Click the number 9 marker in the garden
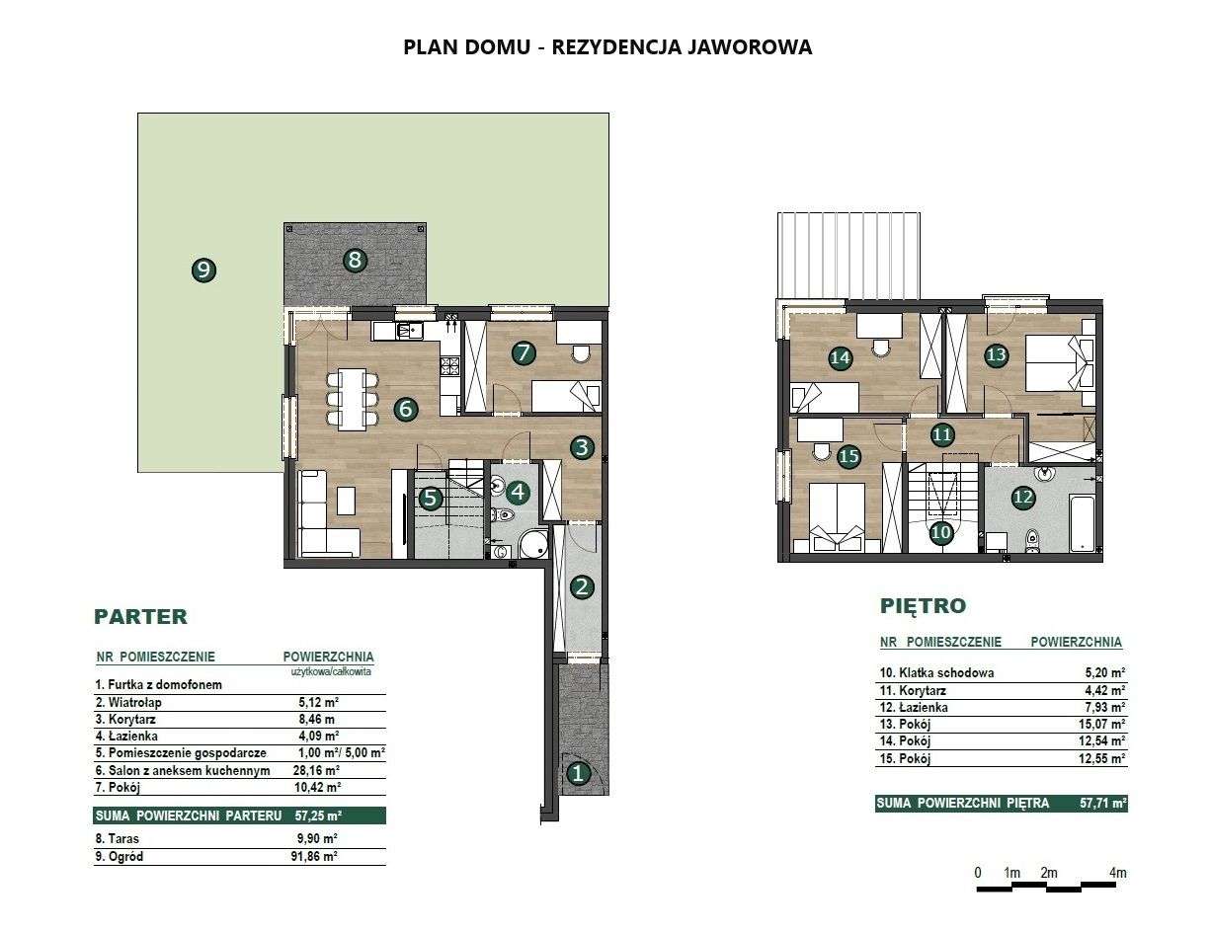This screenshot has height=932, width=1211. pyautogui.click(x=203, y=271)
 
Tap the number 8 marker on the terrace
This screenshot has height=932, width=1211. pyautogui.click(x=355, y=260)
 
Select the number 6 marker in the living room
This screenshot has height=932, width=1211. pyautogui.click(x=406, y=409)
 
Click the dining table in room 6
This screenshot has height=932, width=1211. pyautogui.click(x=353, y=399)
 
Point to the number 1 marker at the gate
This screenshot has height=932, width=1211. pyautogui.click(x=578, y=773)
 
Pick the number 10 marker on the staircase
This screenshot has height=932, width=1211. pyautogui.click(x=940, y=532)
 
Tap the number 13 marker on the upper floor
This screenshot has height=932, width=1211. pyautogui.click(x=997, y=354)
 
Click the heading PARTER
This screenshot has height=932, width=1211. pyautogui.click(x=141, y=617)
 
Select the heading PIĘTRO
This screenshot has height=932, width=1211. pyautogui.click(x=923, y=605)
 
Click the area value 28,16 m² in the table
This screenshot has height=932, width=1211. pyautogui.click(x=316, y=770)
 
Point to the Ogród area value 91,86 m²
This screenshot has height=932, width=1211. pyautogui.click(x=314, y=856)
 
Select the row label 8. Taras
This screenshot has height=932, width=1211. pyautogui.click(x=117, y=838)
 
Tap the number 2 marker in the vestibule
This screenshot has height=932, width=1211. pyautogui.click(x=583, y=587)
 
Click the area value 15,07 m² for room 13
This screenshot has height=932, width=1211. pyautogui.click(x=1101, y=725)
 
